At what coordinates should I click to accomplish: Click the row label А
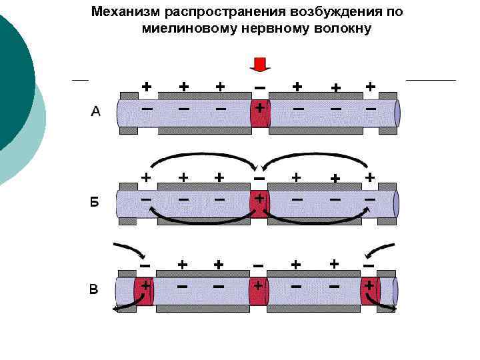95,112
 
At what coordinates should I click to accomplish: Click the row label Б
95,202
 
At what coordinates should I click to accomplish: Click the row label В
94,290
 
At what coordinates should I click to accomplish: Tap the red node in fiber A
259,113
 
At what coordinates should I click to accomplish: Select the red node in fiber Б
259,203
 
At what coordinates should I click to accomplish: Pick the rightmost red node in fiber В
369,291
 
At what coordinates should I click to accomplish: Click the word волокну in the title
339,29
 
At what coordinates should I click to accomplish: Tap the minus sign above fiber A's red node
259,87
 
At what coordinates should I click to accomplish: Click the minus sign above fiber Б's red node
259,178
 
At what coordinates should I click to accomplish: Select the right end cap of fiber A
397,113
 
